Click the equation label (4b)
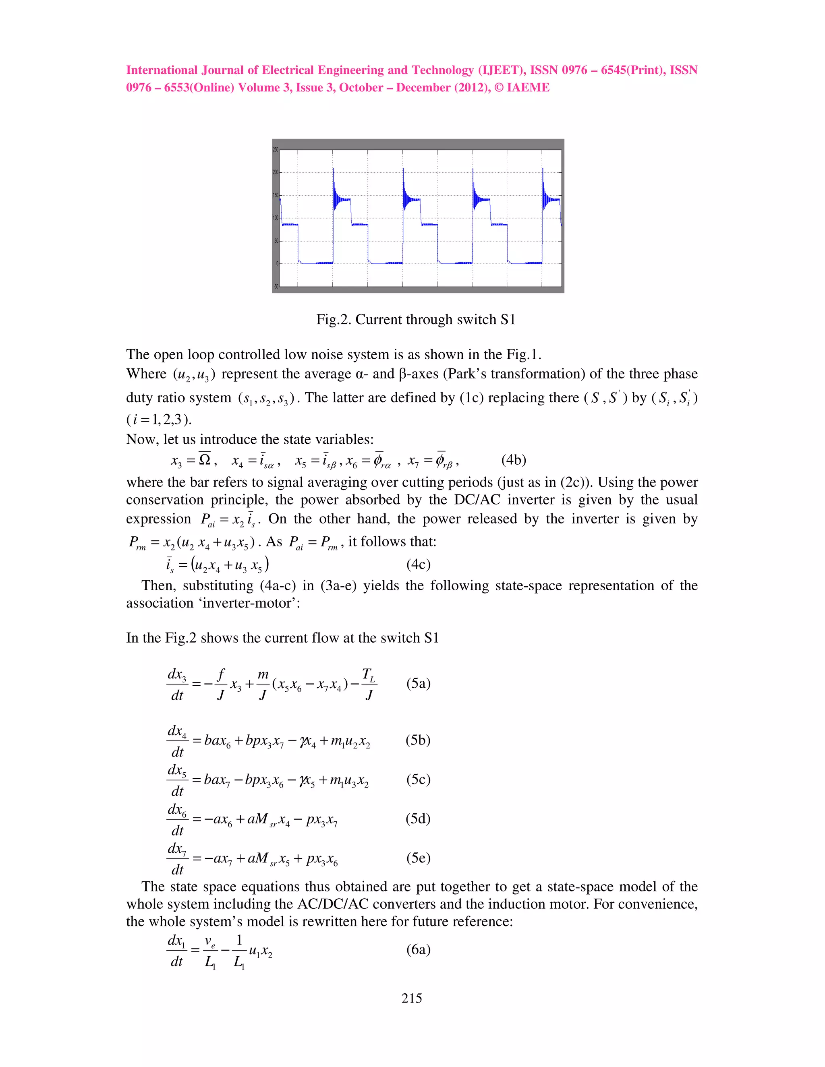513,460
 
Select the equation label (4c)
419,565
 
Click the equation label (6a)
419,950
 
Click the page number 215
412,999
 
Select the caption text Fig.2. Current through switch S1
415,320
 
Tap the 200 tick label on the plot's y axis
276,172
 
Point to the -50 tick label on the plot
276,287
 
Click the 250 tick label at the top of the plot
276,149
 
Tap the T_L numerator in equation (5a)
369,675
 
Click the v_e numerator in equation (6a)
211,941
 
